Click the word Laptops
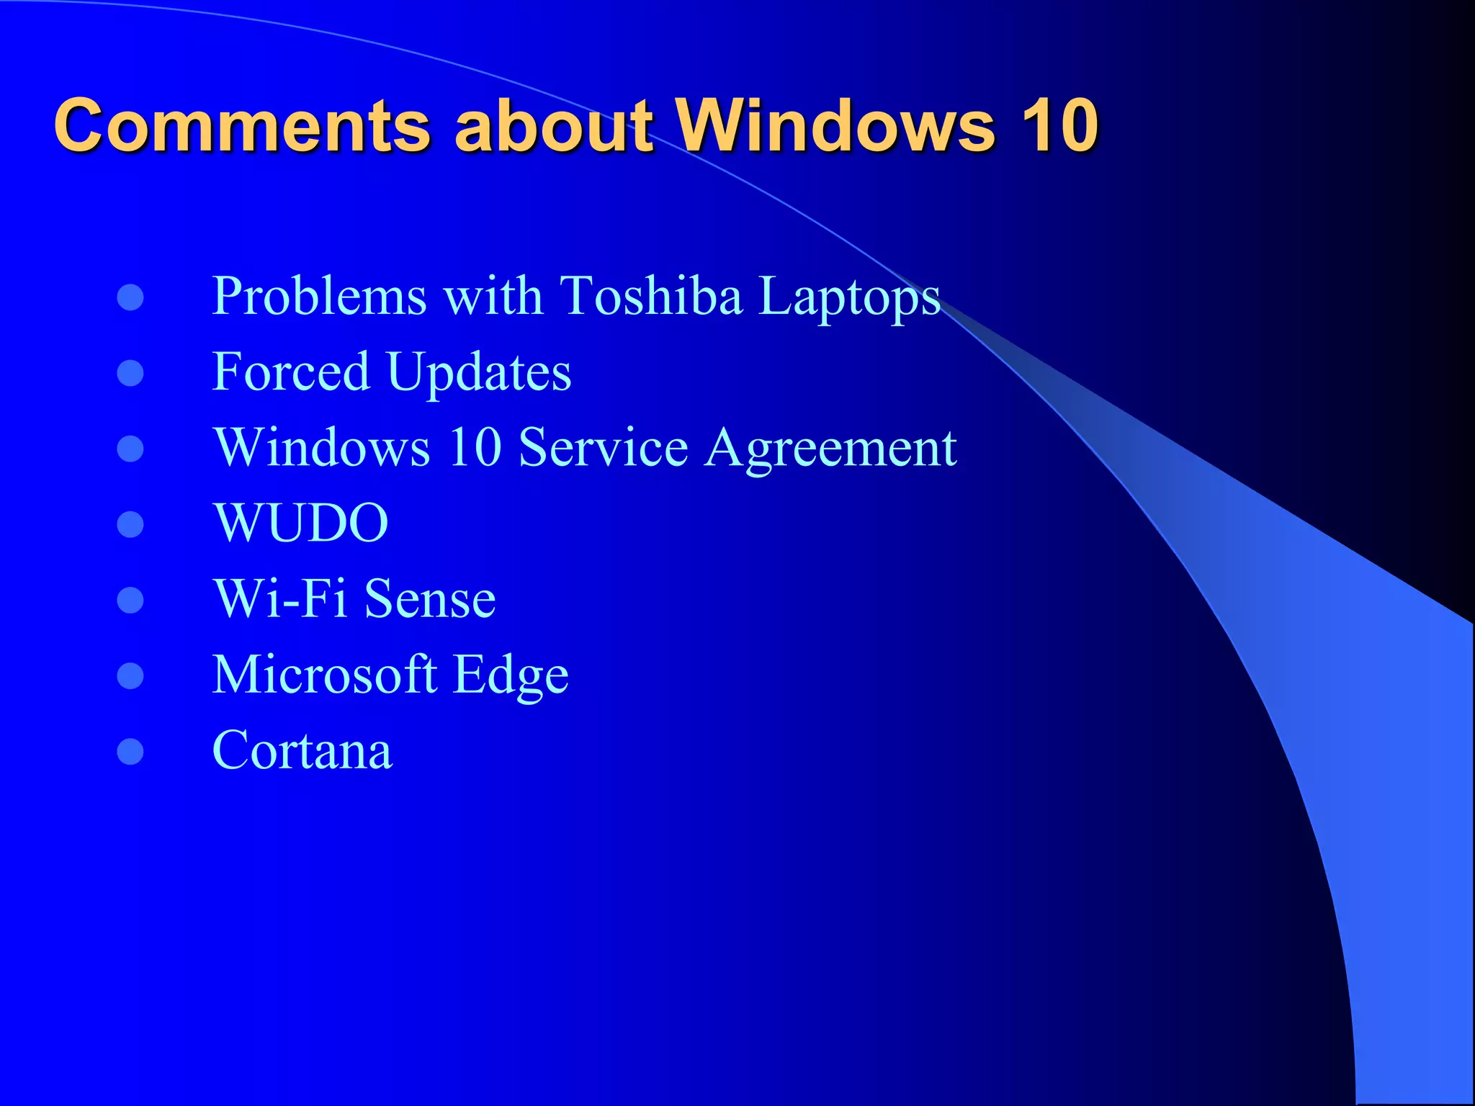pyautogui.click(x=850, y=297)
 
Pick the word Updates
pyautogui.click(x=479, y=373)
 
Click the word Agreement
pyautogui.click(x=831, y=449)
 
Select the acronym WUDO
pyautogui.click(x=301, y=523)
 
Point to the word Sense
pyautogui.click(x=430, y=599)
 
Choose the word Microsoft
pyautogui.click(x=325, y=675)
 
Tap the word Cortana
pyautogui.click(x=302, y=750)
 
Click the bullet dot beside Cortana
pyautogui.click(x=130, y=751)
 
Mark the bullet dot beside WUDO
pyautogui.click(x=130, y=524)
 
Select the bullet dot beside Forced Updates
pyautogui.click(x=130, y=373)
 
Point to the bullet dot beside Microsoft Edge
pyautogui.click(x=130, y=675)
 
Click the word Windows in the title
pyautogui.click(x=835, y=125)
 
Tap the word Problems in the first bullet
pyautogui.click(x=320, y=296)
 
